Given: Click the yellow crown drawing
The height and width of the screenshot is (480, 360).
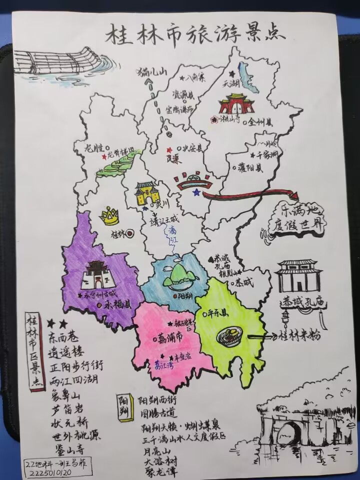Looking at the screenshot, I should (x=109, y=216).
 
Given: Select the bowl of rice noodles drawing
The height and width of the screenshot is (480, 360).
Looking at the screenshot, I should (x=231, y=337).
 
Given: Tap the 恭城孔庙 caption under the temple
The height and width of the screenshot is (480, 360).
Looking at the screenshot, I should (x=299, y=304).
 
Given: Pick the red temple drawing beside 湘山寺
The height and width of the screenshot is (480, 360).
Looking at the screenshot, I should (x=234, y=104).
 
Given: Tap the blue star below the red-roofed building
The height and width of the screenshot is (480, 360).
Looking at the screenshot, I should (x=196, y=192).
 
